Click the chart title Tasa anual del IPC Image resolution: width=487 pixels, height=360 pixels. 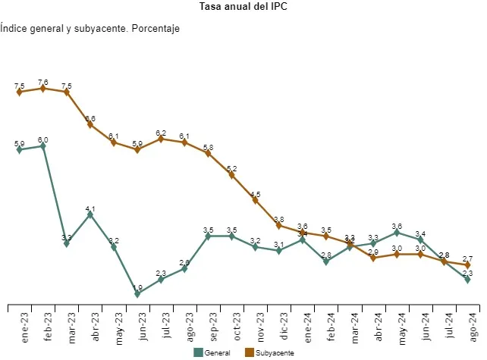tap(243, 7)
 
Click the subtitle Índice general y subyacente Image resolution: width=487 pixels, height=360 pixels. tap(90, 29)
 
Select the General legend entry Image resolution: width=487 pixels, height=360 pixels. tap(212, 352)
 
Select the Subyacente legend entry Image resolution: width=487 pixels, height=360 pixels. tap(269, 352)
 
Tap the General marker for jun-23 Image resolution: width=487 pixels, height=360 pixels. tap(137, 294)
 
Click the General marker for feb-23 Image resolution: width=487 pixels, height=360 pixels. tap(43, 146)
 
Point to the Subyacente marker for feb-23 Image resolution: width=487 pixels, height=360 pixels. tap(43, 89)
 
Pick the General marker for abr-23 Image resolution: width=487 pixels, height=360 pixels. tap(90, 214)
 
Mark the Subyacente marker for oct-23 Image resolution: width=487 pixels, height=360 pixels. tap(231, 175)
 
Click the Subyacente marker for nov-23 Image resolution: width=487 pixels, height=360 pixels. tap(255, 200)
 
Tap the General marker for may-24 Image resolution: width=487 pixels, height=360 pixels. tap(397, 232)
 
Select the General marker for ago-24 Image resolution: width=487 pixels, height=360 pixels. tap(467, 280)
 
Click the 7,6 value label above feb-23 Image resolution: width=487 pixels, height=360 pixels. tap(43, 82)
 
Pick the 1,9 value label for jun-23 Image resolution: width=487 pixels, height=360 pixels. tap(137, 287)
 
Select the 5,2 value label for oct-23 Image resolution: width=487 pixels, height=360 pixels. tap(231, 168)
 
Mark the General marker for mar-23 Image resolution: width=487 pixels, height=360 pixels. tap(67, 243)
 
